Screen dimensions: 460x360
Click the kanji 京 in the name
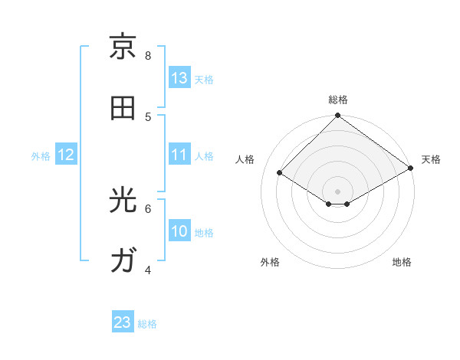[x=123, y=47]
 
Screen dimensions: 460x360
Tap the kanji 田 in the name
[x=123, y=108]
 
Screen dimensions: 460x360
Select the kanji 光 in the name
[x=123, y=200]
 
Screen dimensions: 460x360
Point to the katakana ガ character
[x=123, y=260]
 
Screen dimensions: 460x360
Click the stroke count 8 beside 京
[x=148, y=55]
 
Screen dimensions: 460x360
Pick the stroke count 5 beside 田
[x=148, y=116]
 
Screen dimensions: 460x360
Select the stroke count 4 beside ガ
[x=148, y=270]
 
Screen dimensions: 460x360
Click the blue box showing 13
[x=179, y=78]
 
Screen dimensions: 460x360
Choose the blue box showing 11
[x=179, y=155]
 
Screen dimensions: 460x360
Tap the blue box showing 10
[x=179, y=231]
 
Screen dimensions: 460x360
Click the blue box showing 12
[x=66, y=155]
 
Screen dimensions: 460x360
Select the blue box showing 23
[x=123, y=322]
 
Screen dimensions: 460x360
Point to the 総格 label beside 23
[x=147, y=324]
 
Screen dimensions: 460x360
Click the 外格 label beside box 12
[x=41, y=156]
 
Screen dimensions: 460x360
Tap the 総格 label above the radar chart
[x=338, y=100]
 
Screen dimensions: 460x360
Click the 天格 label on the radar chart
[x=431, y=159]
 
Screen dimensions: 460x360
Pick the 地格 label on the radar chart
[x=402, y=262]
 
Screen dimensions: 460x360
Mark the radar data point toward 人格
[x=280, y=173]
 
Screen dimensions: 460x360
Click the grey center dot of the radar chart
[x=338, y=191]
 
